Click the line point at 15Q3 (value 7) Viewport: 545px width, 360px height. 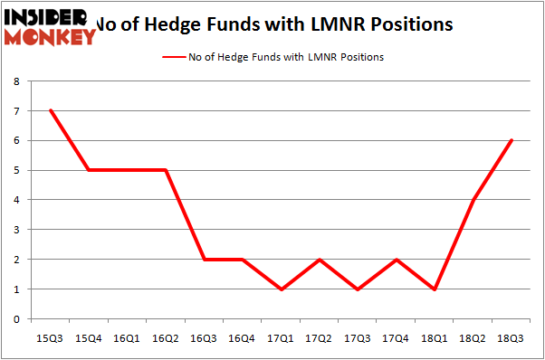tap(51, 110)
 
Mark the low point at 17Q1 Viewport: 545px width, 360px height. tap(282, 289)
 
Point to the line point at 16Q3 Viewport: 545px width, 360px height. tap(205, 259)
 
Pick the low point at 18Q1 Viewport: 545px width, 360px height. tap(436, 289)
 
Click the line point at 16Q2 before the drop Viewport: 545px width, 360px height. tap(167, 170)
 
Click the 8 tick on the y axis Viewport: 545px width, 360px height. tap(16, 81)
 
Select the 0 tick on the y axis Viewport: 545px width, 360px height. tap(16, 318)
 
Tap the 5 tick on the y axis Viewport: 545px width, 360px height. tap(16, 170)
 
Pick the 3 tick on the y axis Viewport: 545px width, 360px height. tap(16, 230)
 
